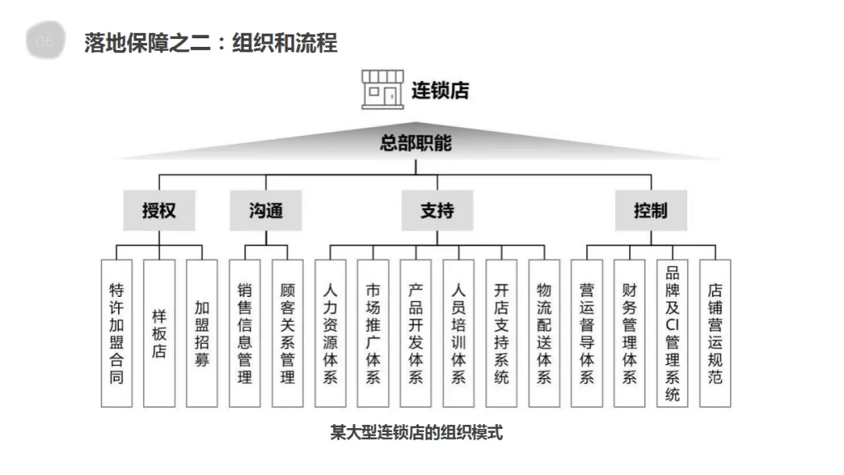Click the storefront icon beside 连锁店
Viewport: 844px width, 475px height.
pos(383,88)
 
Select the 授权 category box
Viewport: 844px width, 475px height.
pos(159,210)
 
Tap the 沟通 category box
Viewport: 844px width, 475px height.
pos(266,210)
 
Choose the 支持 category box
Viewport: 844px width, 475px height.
pos(437,210)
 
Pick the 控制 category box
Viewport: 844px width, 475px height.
pos(650,210)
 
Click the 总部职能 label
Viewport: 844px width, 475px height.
pos(416,144)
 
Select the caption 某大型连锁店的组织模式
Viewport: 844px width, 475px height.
pos(416,432)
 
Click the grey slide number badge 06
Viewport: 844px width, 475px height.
pos(45,41)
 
